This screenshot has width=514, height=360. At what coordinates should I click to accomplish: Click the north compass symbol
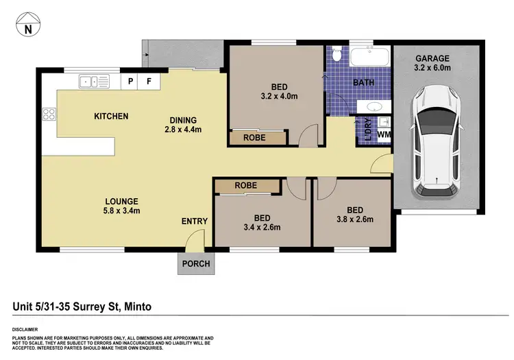coord(27,26)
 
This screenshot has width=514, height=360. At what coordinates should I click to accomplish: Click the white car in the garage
coord(435,141)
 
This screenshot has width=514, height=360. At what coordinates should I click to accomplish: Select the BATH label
coord(363,82)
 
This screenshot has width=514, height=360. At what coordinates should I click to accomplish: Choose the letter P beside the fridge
coord(130,82)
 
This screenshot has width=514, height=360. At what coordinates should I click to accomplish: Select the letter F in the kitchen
coord(149,82)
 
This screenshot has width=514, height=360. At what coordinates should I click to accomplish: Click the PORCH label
coord(195,263)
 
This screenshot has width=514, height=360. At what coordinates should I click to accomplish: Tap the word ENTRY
coord(194,221)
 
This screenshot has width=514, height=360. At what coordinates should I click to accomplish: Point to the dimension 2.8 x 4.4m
coord(182,129)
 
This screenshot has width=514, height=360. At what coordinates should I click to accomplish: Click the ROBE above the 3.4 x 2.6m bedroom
coord(245,185)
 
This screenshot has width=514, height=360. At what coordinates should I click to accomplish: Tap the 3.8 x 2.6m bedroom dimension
coord(354,219)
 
